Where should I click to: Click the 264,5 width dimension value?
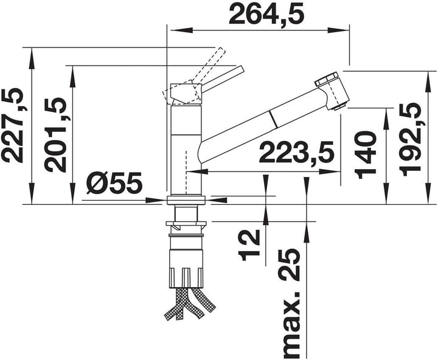266,13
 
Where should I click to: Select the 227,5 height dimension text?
13,125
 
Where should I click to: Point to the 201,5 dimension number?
55,134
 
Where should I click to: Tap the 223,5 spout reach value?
296,153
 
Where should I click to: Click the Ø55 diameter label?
114,183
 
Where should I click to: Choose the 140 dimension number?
365,156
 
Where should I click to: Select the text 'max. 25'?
290,303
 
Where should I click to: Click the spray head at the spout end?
333,92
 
